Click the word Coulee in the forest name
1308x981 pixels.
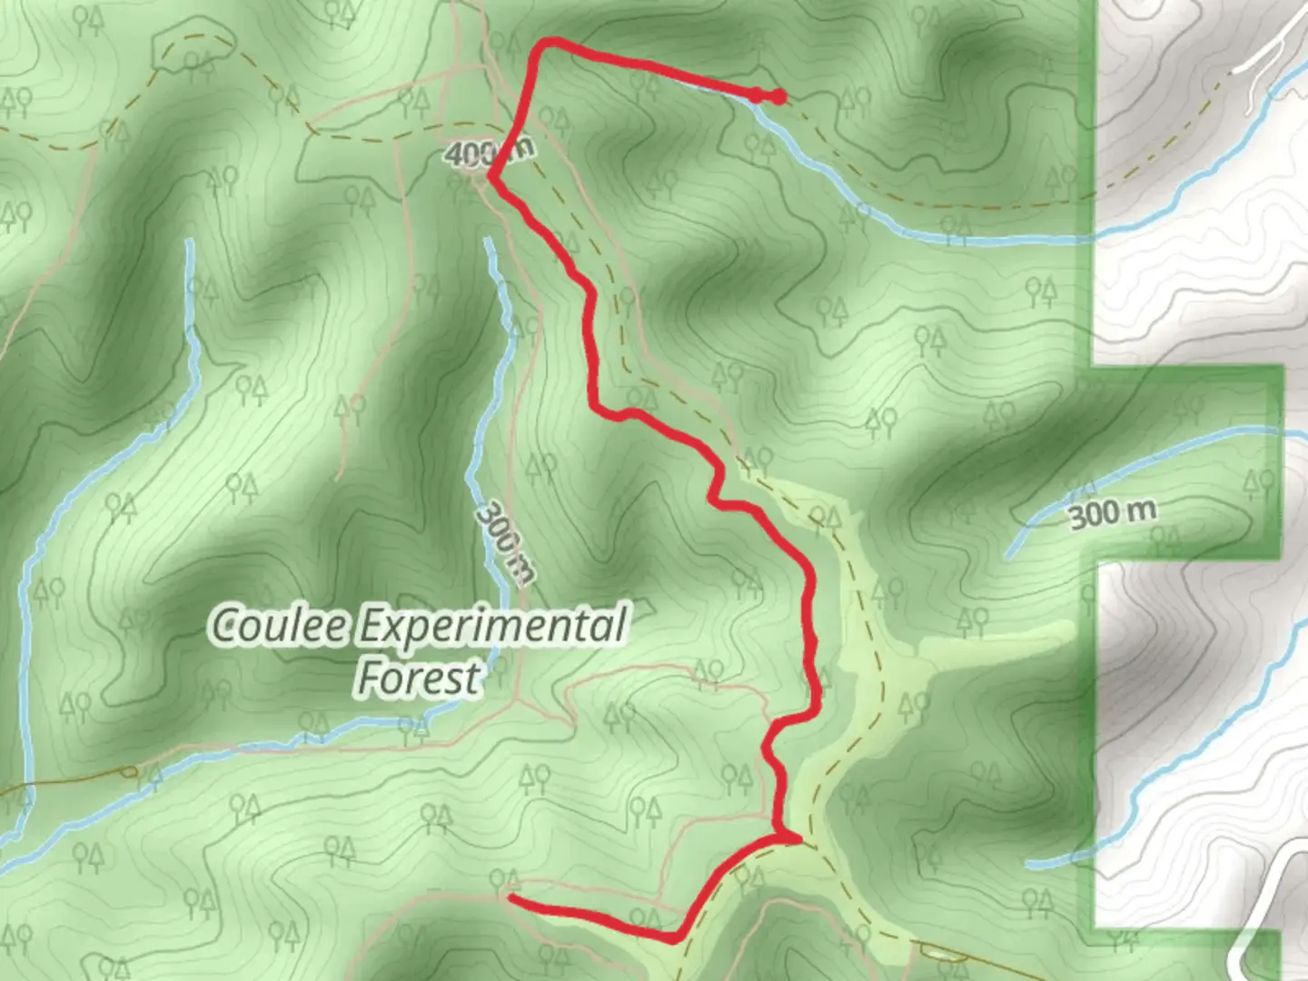click(279, 626)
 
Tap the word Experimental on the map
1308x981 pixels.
click(491, 626)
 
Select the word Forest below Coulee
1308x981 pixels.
click(419, 678)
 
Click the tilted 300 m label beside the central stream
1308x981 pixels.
click(505, 542)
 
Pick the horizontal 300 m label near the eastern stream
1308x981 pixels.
click(1113, 513)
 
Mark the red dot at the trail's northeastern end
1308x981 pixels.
click(778, 97)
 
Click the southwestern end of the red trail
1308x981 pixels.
click(511, 897)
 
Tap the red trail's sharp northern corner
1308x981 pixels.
click(546, 42)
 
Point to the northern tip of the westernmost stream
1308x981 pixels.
click(189, 243)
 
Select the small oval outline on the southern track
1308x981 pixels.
click(937, 951)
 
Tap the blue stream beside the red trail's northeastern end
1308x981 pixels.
click(799, 145)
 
